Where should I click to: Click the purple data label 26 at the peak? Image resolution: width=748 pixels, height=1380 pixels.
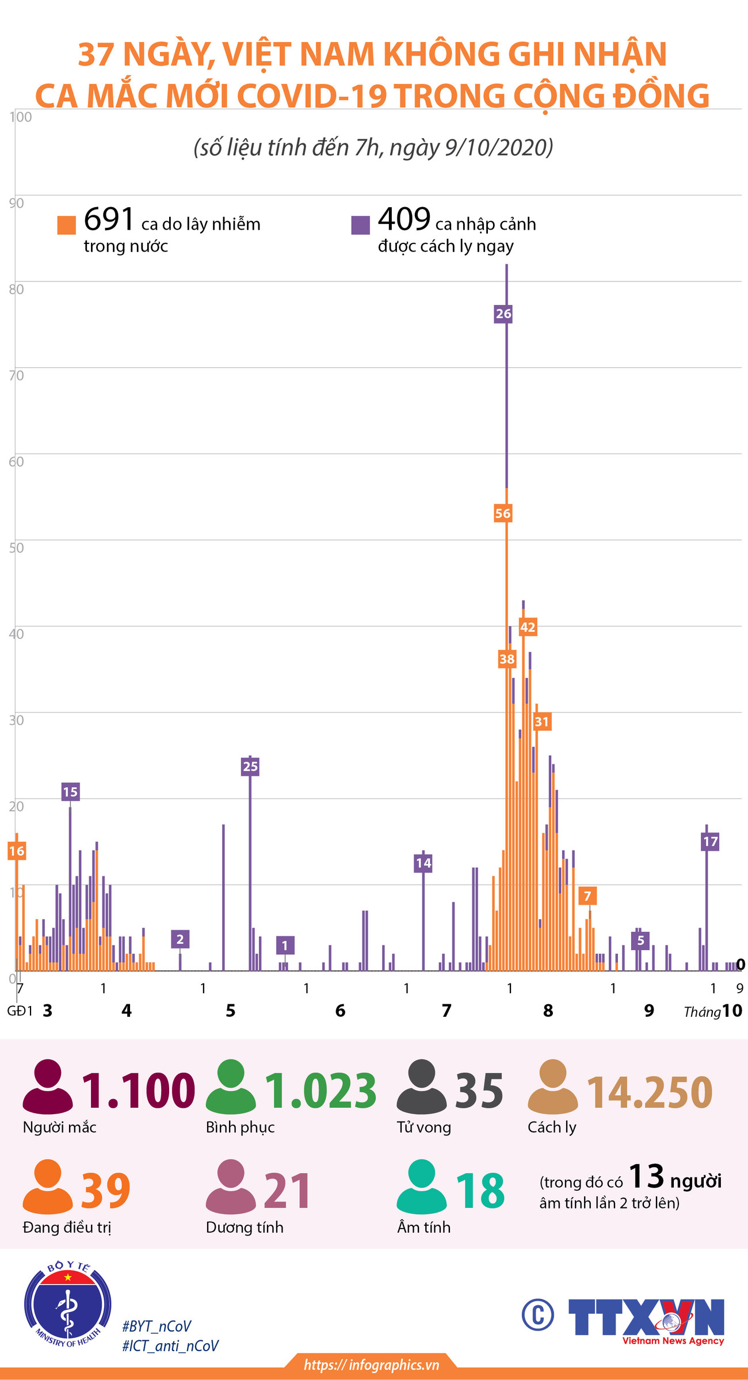(503, 314)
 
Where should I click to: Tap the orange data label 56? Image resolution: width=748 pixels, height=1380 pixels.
(502, 513)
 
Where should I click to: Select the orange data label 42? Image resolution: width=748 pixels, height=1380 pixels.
(527, 627)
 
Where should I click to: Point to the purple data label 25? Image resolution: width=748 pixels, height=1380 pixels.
(250, 767)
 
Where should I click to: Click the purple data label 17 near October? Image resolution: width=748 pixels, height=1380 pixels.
(710, 841)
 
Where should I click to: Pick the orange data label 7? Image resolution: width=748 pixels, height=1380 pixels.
(587, 895)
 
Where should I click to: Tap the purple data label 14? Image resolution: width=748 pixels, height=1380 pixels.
(423, 863)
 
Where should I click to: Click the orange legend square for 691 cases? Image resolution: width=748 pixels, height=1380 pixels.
(67, 225)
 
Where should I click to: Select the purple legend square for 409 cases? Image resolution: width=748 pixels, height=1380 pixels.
(360, 225)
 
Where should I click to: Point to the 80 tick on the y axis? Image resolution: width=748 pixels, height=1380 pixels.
(16, 289)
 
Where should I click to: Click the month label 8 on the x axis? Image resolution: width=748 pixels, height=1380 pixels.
(548, 1011)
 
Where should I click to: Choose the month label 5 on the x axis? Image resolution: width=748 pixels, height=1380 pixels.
(230, 1011)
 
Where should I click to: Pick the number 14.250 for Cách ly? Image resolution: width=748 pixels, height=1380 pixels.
(649, 1092)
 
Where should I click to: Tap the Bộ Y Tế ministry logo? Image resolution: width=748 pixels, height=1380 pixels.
(68, 1305)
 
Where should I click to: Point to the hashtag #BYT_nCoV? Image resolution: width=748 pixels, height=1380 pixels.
(157, 1326)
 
